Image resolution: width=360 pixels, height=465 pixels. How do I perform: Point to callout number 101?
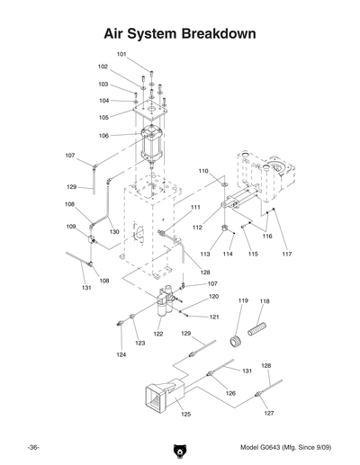[121, 54]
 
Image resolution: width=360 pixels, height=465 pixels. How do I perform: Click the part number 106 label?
[105, 136]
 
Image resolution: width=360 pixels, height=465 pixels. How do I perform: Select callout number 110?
[203, 170]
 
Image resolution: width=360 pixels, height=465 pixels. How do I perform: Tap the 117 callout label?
[286, 255]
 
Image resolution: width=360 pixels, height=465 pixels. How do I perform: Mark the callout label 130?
[114, 231]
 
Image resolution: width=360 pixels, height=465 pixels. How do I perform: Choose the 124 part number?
[121, 355]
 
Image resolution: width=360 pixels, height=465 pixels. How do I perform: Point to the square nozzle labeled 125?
[155, 395]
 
